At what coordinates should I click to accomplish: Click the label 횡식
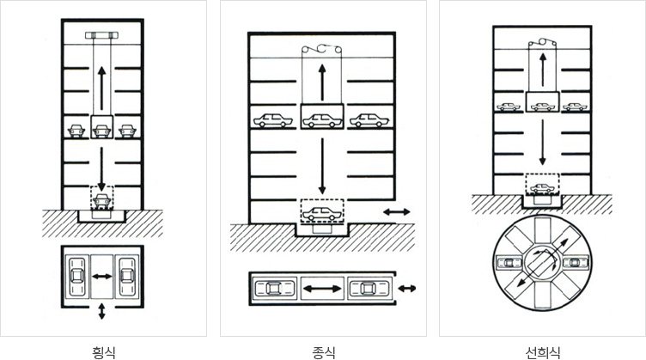103,352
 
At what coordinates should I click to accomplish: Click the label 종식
323,352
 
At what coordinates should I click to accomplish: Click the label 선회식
543,352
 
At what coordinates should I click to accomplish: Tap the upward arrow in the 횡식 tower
101,88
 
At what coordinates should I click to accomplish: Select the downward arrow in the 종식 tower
322,166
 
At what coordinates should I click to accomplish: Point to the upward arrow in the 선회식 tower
543,70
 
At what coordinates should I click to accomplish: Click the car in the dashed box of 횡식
101,200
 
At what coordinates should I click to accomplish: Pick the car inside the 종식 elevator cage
322,120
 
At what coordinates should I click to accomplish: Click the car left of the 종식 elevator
272,120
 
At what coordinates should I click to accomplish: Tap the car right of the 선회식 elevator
576,107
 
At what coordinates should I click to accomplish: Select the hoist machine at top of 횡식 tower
101,35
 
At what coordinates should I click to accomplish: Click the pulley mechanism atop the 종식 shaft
322,49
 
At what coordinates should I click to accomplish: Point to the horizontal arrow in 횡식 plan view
101,277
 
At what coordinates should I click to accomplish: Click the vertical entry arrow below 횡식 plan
101,311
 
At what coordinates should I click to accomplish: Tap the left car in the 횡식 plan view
76,277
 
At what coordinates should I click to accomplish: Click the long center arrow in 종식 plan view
322,289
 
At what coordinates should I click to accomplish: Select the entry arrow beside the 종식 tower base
396,211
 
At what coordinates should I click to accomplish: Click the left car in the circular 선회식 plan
509,262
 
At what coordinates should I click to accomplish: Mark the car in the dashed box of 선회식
542,189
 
